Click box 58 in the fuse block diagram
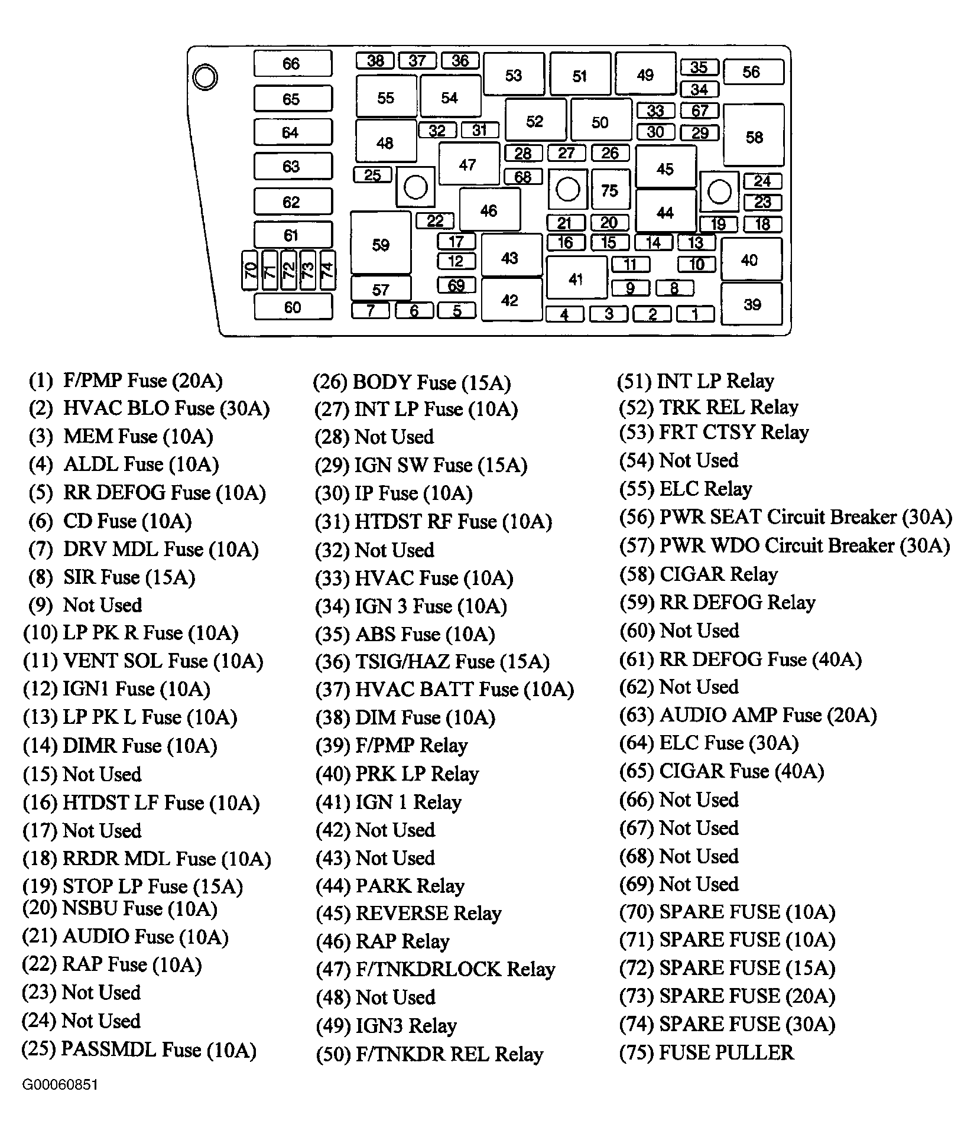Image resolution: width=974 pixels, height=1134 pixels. point(754,135)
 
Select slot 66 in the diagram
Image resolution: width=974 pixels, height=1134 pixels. point(293,63)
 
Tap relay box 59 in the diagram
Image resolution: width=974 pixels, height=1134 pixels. point(381,243)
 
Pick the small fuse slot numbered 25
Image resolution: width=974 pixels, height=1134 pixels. point(372,175)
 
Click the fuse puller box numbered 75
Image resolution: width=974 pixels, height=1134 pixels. point(611,190)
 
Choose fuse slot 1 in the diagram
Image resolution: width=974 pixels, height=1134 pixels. point(696,314)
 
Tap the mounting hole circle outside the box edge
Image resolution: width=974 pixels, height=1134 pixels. point(205,77)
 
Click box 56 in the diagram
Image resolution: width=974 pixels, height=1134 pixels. point(754,72)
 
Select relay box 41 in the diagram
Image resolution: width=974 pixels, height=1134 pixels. point(576,277)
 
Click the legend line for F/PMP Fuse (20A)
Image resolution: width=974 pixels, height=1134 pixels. point(126,381)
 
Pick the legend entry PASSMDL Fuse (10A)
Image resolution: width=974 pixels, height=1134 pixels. point(139,1049)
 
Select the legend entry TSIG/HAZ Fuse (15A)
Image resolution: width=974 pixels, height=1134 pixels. point(432,661)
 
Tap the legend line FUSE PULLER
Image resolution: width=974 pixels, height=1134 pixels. point(706,1052)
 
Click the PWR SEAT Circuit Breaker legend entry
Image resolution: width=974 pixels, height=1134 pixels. point(785,517)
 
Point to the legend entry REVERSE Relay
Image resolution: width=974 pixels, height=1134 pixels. point(408,913)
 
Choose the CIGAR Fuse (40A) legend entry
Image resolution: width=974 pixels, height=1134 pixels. point(721,771)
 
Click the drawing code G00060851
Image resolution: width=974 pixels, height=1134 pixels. point(60,1085)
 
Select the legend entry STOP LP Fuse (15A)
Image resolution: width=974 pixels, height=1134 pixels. point(133,886)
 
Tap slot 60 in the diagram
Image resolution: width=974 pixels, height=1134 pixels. point(293,307)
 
